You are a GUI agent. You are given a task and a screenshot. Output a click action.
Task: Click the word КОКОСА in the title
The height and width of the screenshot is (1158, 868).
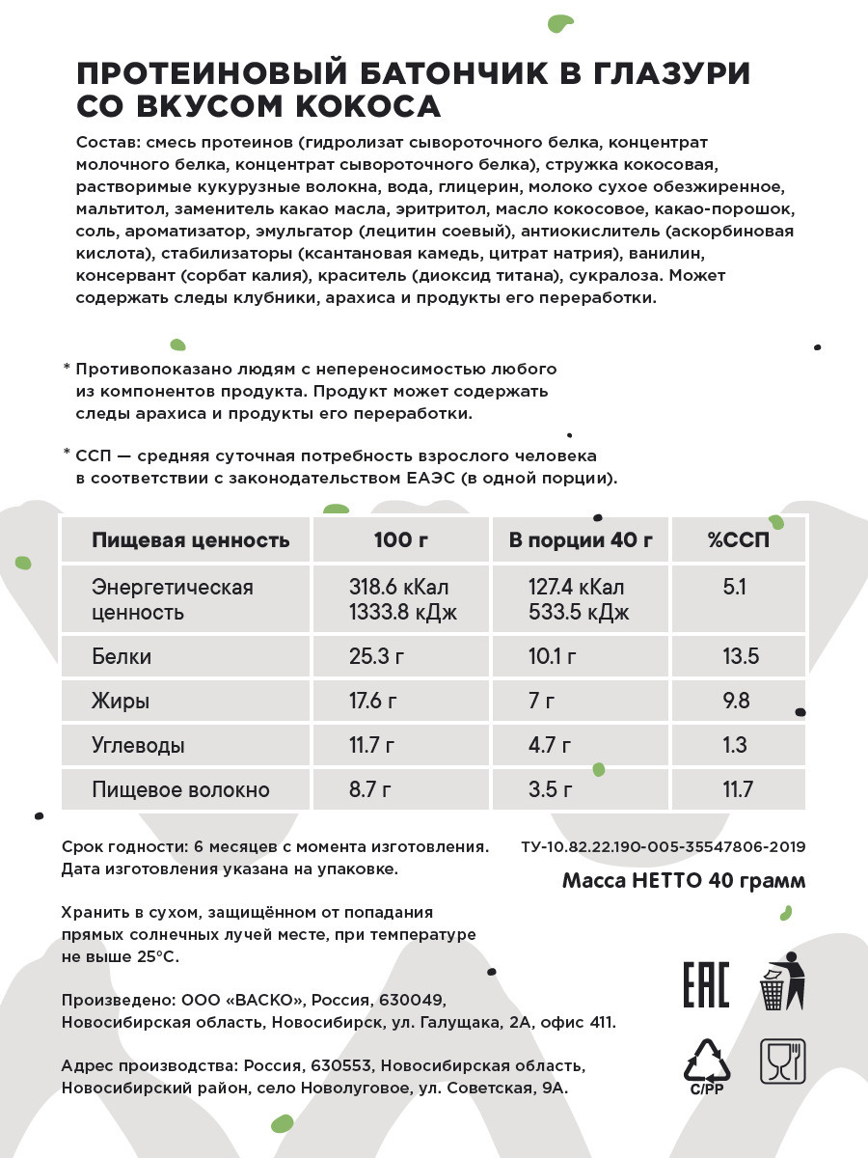pyautogui.click(x=354, y=105)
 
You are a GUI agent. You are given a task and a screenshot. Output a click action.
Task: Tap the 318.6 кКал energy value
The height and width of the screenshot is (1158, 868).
pyautogui.click(x=398, y=588)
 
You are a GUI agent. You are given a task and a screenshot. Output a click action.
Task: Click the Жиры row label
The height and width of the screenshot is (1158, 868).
pyautogui.click(x=121, y=702)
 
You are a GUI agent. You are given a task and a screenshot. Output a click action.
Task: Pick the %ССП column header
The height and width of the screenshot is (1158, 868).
pyautogui.click(x=739, y=539)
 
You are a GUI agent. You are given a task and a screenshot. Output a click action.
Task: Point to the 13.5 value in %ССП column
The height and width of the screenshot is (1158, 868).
pyautogui.click(x=741, y=657)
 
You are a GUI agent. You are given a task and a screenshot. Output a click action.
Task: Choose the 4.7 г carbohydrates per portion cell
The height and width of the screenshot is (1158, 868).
pyautogui.click(x=550, y=746)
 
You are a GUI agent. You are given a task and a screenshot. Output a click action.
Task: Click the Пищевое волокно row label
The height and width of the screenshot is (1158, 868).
pyautogui.click(x=180, y=790)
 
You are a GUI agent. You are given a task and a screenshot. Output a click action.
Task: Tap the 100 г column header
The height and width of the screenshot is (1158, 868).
pyautogui.click(x=400, y=539)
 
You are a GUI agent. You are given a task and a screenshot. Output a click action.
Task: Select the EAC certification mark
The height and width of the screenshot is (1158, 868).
pyautogui.click(x=706, y=984)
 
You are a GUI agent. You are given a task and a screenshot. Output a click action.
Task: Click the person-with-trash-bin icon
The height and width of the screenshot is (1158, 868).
pyautogui.click(x=782, y=981)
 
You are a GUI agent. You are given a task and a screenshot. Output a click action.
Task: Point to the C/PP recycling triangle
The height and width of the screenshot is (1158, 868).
pyautogui.click(x=707, y=1065)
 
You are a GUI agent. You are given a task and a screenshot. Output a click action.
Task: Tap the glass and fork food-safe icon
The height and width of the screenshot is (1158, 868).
pyautogui.click(x=782, y=1061)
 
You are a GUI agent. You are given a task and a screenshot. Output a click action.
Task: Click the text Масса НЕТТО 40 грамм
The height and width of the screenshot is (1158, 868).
pyautogui.click(x=684, y=881)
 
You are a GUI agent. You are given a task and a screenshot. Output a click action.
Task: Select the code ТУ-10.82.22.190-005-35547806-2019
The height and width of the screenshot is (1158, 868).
pyautogui.click(x=663, y=847)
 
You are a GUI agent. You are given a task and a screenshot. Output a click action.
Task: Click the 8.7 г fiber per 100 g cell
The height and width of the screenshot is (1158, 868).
pyautogui.click(x=369, y=790)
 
